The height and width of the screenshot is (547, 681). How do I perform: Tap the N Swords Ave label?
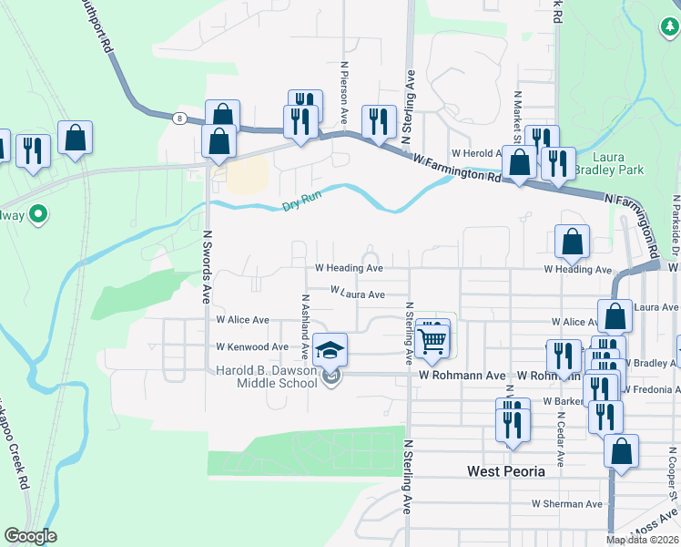[x=207, y=265]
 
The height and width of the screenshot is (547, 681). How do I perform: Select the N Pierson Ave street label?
[x=345, y=92]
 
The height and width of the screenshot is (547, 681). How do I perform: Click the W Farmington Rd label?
[x=456, y=170]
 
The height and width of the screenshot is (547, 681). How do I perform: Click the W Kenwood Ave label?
[x=251, y=347]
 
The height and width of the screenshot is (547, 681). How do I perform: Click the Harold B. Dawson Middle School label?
[x=269, y=377]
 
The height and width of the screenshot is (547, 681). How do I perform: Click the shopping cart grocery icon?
[x=434, y=339]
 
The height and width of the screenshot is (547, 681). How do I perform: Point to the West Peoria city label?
[x=505, y=471]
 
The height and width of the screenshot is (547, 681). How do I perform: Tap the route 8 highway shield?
[x=180, y=118]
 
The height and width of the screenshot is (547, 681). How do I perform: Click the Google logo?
[x=30, y=536]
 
